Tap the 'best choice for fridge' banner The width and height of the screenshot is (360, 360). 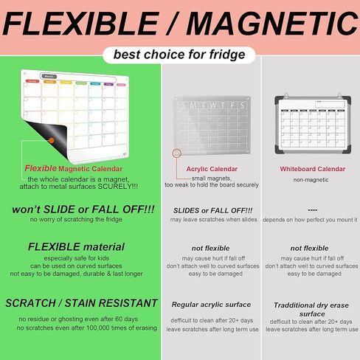coord(179,55)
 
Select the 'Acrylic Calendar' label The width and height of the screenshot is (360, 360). coord(212,168)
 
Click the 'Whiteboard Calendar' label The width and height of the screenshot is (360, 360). coord(312,168)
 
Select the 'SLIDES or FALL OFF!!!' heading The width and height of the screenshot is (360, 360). coord(212,210)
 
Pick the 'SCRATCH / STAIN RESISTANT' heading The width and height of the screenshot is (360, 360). coord(82,302)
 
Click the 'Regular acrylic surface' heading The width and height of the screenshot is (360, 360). coord(212,304)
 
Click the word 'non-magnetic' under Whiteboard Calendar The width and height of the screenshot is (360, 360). coord(311,179)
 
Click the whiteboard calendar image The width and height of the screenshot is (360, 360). coord(311,124)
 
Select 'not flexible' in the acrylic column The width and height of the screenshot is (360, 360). coord(212,248)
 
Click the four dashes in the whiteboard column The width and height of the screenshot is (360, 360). coord(311,210)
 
